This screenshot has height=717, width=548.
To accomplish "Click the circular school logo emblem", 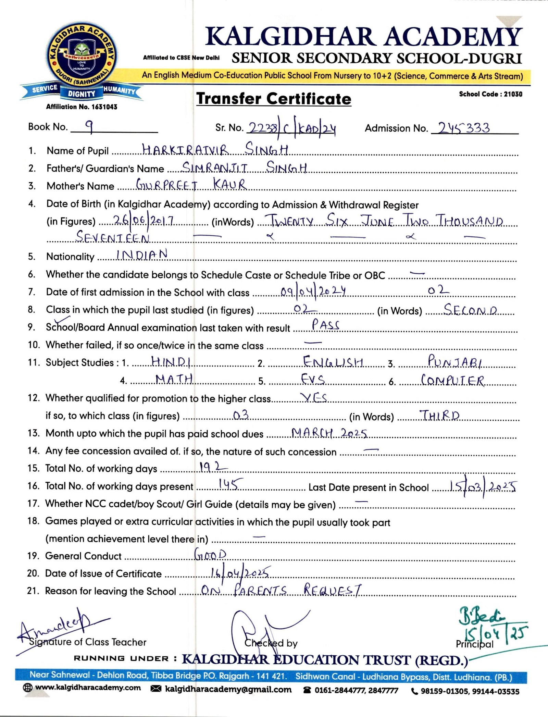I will click(82, 57).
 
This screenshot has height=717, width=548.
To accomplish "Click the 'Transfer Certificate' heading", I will click(274, 99).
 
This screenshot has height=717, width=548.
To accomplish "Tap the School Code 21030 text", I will click(490, 94).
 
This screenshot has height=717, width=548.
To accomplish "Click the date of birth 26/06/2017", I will click(144, 220).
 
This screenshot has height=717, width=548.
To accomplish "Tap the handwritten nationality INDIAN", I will click(142, 255).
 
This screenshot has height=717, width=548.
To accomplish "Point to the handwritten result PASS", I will click(325, 324).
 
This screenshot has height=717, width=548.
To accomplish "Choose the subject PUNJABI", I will click(455, 361).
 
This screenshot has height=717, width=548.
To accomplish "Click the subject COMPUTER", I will click(452, 380).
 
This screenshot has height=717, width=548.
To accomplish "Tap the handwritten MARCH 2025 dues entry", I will click(329, 433).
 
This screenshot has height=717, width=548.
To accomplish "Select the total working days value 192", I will click(213, 467).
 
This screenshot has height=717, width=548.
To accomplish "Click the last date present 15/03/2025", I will click(483, 486).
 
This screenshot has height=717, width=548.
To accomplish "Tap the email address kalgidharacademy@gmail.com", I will click(228, 689).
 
